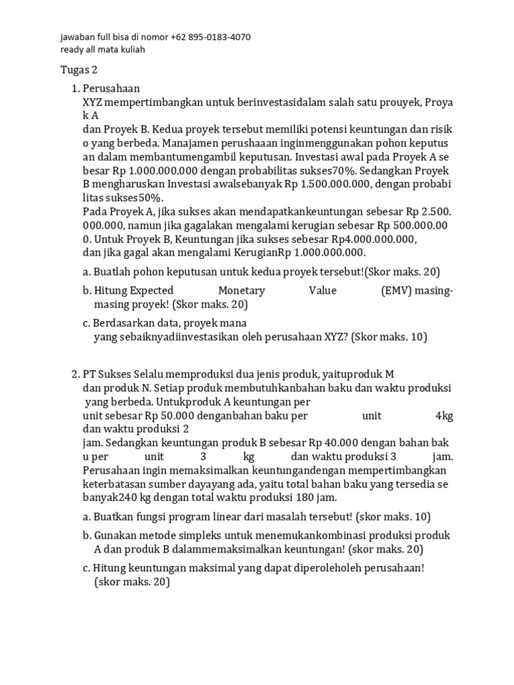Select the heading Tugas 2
tap(79, 70)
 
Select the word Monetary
tap(242, 290)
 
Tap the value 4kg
tap(444, 415)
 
